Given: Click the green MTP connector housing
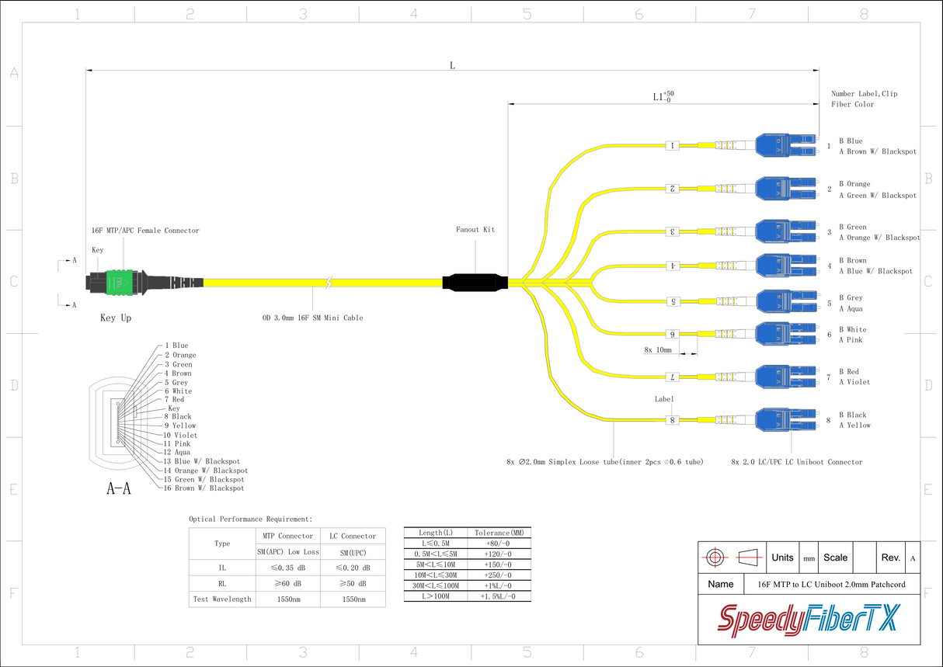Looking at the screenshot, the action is [119, 283].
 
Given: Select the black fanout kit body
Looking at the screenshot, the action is [475, 283].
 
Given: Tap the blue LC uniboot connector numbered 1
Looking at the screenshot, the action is [786, 145].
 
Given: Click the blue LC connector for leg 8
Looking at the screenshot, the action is [786, 419].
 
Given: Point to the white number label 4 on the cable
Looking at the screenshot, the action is [673, 266].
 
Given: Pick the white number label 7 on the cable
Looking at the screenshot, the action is [673, 377].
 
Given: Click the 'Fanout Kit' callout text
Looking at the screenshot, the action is [475, 229].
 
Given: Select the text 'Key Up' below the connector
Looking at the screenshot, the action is [116, 318].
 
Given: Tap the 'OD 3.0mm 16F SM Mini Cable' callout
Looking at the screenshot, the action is [312, 318].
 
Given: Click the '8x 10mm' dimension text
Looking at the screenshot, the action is [658, 349].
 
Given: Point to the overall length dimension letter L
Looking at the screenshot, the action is [453, 65].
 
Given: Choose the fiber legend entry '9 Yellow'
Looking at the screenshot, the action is [179, 426].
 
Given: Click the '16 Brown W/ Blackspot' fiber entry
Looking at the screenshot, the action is [204, 488].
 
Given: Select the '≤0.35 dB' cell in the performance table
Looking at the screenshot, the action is [288, 568].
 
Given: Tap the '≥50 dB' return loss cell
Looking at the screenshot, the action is [353, 584].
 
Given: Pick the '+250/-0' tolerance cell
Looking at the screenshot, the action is [498, 575].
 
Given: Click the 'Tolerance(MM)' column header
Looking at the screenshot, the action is [499, 533].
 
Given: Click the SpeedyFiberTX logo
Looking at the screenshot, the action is [809, 620].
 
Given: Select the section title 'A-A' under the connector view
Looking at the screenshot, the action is [119, 488].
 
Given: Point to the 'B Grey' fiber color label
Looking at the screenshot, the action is [851, 297].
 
